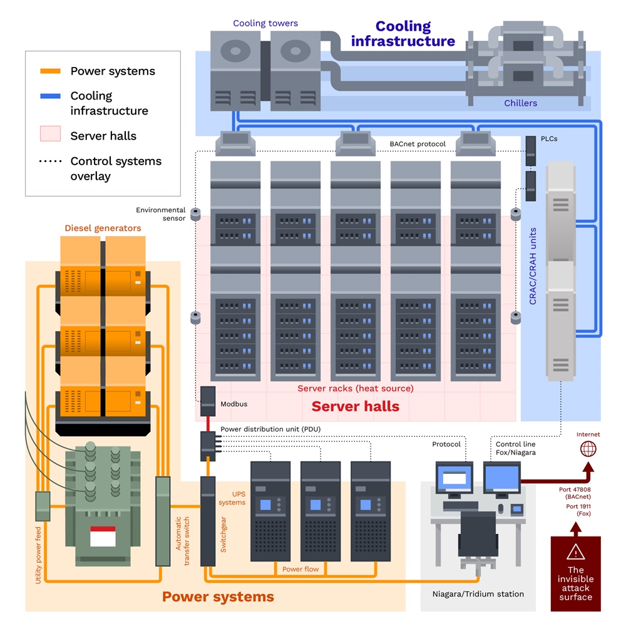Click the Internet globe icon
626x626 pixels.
click(x=588, y=449)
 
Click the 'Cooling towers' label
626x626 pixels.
click(x=265, y=23)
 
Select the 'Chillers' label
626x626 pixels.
click(x=521, y=103)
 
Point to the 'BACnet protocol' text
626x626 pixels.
click(x=418, y=144)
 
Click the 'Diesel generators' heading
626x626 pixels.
click(x=103, y=228)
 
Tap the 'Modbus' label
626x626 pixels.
click(x=234, y=404)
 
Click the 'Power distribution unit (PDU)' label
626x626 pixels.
click(x=270, y=429)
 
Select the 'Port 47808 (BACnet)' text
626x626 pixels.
click(x=575, y=493)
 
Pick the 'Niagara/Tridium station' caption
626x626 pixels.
click(x=478, y=594)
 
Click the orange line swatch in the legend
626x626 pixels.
click(x=50, y=71)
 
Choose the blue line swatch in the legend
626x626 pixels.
click(x=50, y=96)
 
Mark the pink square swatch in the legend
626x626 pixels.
click(x=50, y=134)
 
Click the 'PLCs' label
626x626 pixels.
click(x=549, y=139)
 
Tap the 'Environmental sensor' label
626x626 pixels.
click(x=160, y=214)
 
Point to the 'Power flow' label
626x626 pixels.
click(x=300, y=569)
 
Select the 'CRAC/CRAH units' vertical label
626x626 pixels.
click(x=533, y=266)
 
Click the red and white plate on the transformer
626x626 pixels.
click(x=103, y=536)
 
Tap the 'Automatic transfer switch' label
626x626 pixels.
click(x=182, y=541)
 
